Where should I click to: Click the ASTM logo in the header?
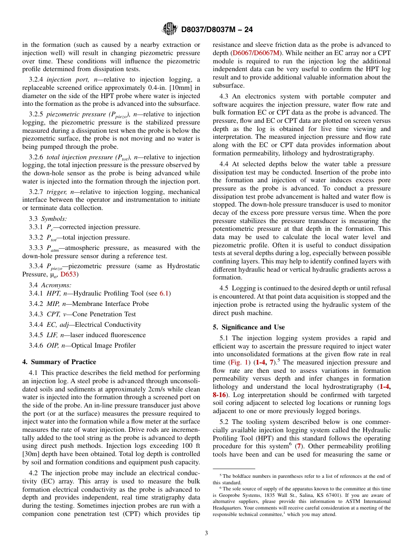(170, 29)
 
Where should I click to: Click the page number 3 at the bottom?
(206, 533)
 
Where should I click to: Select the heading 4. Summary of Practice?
(59, 362)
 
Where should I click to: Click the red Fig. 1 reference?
(239, 362)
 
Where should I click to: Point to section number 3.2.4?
(36, 79)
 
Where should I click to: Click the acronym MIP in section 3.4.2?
(53, 304)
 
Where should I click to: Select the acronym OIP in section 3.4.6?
(53, 345)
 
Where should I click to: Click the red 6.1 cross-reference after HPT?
(164, 293)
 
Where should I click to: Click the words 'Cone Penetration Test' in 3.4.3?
(104, 314)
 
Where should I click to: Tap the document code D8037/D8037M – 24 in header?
(216, 30)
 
